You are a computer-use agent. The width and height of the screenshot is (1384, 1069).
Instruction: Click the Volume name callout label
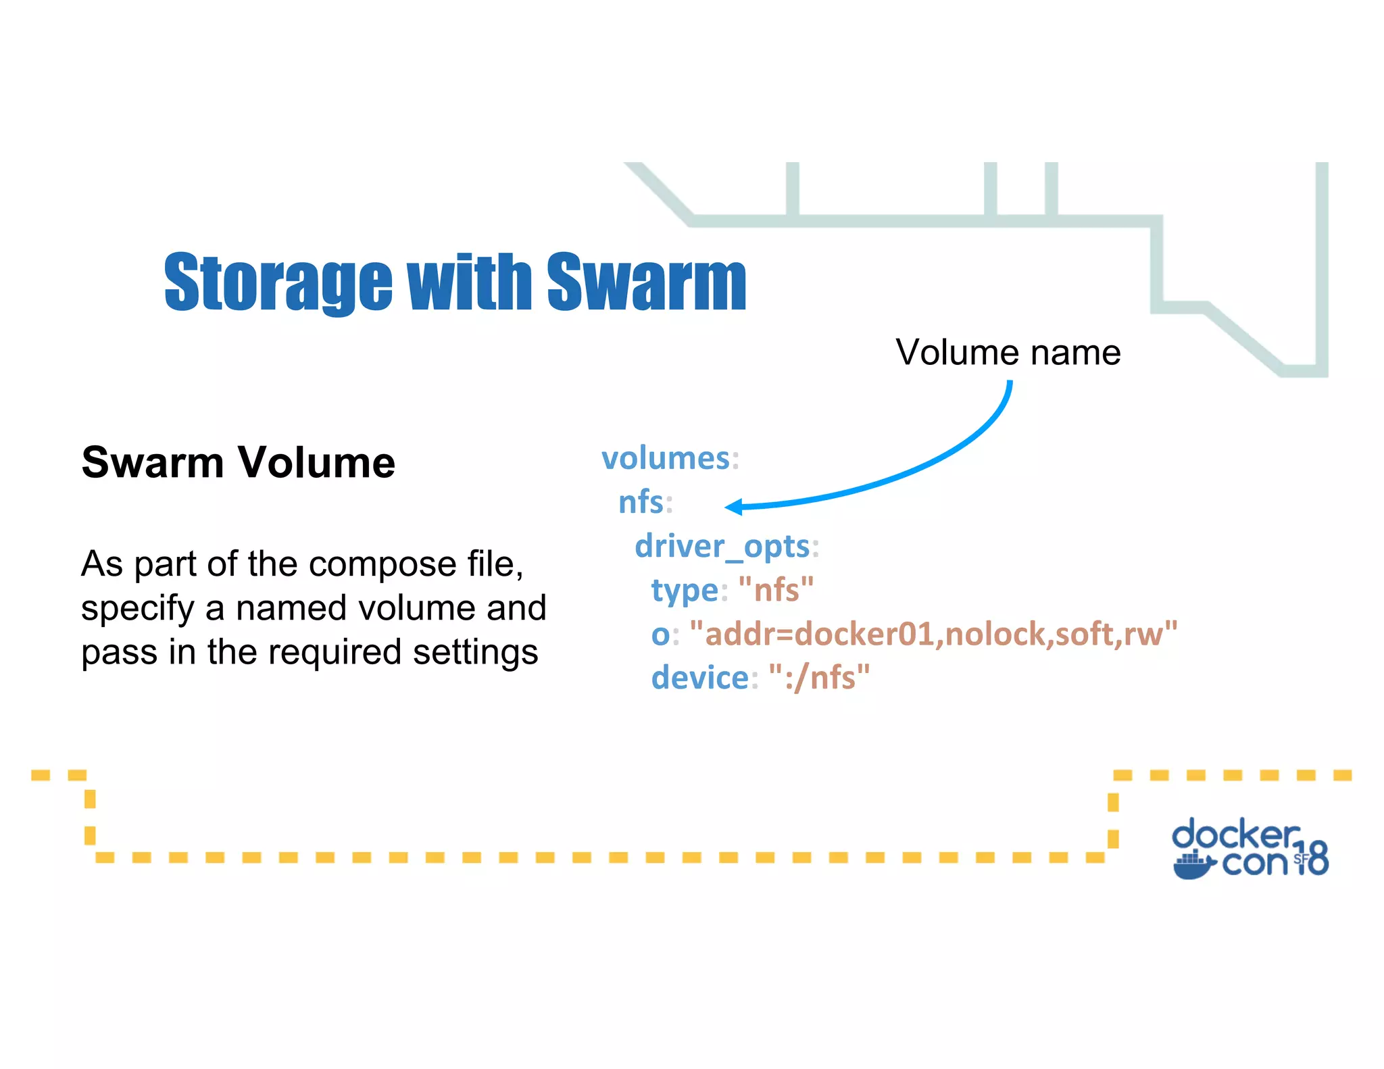coord(1008,352)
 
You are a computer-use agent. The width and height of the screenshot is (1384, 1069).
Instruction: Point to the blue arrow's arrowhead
coord(734,506)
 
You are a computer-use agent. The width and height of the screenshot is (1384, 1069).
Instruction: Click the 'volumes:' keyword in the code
coord(666,458)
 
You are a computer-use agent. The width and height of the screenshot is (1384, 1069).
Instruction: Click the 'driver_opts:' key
coord(722,546)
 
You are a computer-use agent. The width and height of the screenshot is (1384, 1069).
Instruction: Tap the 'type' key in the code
coord(684,590)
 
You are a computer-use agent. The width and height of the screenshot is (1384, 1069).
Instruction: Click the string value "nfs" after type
coord(776,590)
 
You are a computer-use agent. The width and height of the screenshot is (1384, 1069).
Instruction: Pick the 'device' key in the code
coord(699,677)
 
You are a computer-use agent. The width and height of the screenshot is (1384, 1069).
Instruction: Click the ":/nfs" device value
coord(819,677)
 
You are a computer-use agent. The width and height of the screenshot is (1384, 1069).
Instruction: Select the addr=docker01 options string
coord(933,634)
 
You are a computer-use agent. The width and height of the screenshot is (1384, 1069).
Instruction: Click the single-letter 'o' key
coord(660,635)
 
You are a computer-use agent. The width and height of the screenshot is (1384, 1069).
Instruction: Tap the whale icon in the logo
coord(1193,866)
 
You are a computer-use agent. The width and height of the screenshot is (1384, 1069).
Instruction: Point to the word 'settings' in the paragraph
coord(475,652)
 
